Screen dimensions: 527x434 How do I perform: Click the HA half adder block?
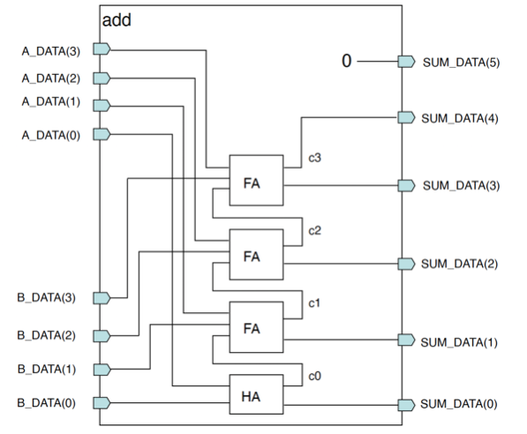[256, 394]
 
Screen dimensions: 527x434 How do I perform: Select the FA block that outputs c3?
[256, 180]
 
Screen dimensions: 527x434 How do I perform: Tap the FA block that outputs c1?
[256, 327]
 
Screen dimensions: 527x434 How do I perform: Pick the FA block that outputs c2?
[256, 254]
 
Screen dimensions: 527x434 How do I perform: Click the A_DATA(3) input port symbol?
[102, 49]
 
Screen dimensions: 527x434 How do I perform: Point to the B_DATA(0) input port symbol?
[102, 403]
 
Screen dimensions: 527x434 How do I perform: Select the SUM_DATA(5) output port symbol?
[406, 62]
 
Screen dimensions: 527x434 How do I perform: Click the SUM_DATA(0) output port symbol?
[406, 405]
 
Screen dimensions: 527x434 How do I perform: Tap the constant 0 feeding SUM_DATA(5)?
[347, 61]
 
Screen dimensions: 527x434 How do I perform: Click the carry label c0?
[314, 377]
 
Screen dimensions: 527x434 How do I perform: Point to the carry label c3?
[314, 158]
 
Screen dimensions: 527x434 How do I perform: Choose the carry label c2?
[314, 230]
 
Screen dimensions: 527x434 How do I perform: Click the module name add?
[117, 20]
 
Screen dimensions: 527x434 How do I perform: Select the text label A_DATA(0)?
[51, 135]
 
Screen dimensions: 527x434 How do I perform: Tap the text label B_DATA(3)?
[47, 297]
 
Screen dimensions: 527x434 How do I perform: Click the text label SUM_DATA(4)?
[460, 118]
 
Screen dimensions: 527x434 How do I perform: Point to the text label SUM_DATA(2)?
[459, 264]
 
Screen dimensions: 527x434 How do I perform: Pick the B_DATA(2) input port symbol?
[102, 335]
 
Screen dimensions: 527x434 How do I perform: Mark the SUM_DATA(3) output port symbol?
[406, 185]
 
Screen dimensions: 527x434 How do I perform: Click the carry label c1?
[314, 303]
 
